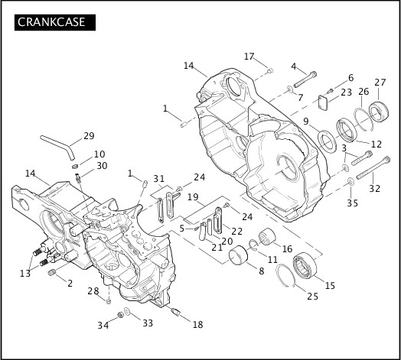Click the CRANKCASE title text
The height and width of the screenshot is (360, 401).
point(51,22)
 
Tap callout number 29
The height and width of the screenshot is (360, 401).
point(89,136)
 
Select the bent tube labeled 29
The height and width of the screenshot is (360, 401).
point(58,147)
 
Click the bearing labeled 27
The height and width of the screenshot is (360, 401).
point(379,111)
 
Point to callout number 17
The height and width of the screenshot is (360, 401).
point(249,57)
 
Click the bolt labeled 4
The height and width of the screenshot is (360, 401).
point(305,79)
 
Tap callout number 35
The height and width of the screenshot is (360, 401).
point(353,203)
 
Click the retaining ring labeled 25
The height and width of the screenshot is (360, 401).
point(285,276)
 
